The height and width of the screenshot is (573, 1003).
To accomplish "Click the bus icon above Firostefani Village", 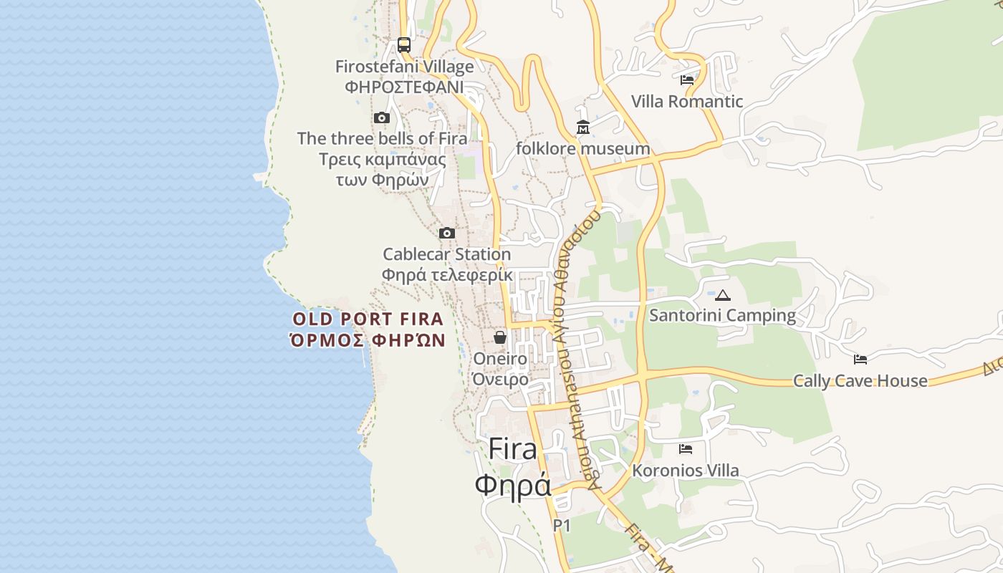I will (x=404, y=45).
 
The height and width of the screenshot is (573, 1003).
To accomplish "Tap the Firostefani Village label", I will (x=405, y=67).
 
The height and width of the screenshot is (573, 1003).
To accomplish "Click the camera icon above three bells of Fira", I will (x=382, y=117).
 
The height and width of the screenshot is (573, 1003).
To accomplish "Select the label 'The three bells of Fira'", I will (x=382, y=138).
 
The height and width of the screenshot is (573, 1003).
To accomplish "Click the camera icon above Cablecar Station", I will (x=447, y=233).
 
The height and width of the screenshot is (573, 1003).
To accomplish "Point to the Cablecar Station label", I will (x=446, y=254).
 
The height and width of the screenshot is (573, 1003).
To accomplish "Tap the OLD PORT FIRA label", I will (x=368, y=319).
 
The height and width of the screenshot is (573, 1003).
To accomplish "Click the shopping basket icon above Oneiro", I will (x=500, y=337).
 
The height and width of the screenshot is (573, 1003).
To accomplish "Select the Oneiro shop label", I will (x=500, y=359).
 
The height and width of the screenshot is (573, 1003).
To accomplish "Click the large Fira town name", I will (x=512, y=449).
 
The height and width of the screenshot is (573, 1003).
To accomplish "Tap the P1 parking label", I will (x=562, y=526).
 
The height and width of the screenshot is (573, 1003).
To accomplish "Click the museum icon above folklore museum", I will (x=583, y=127).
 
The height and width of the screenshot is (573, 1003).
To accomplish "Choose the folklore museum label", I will (x=583, y=149).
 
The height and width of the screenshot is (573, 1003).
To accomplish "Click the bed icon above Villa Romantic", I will (x=687, y=80).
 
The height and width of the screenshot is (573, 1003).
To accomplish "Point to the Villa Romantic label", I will (x=687, y=102).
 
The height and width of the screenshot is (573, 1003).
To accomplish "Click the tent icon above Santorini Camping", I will (x=723, y=294).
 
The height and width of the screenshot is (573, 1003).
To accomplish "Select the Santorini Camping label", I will (x=722, y=315).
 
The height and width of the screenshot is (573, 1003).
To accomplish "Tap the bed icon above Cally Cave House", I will (x=860, y=359).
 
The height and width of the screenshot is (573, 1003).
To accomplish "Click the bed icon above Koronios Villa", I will (x=686, y=449).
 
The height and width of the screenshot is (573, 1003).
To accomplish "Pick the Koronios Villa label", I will (x=685, y=471).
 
